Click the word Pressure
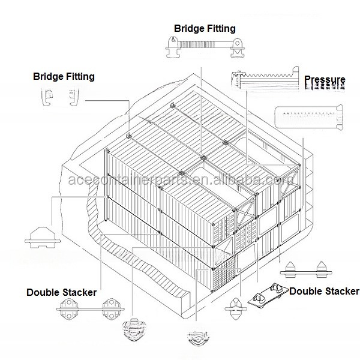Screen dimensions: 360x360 325,80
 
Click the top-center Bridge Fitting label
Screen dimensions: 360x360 205,28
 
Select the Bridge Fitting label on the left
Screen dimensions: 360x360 64,77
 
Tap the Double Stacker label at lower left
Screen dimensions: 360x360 61,292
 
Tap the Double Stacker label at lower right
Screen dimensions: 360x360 324,292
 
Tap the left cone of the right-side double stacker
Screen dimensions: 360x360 292,268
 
